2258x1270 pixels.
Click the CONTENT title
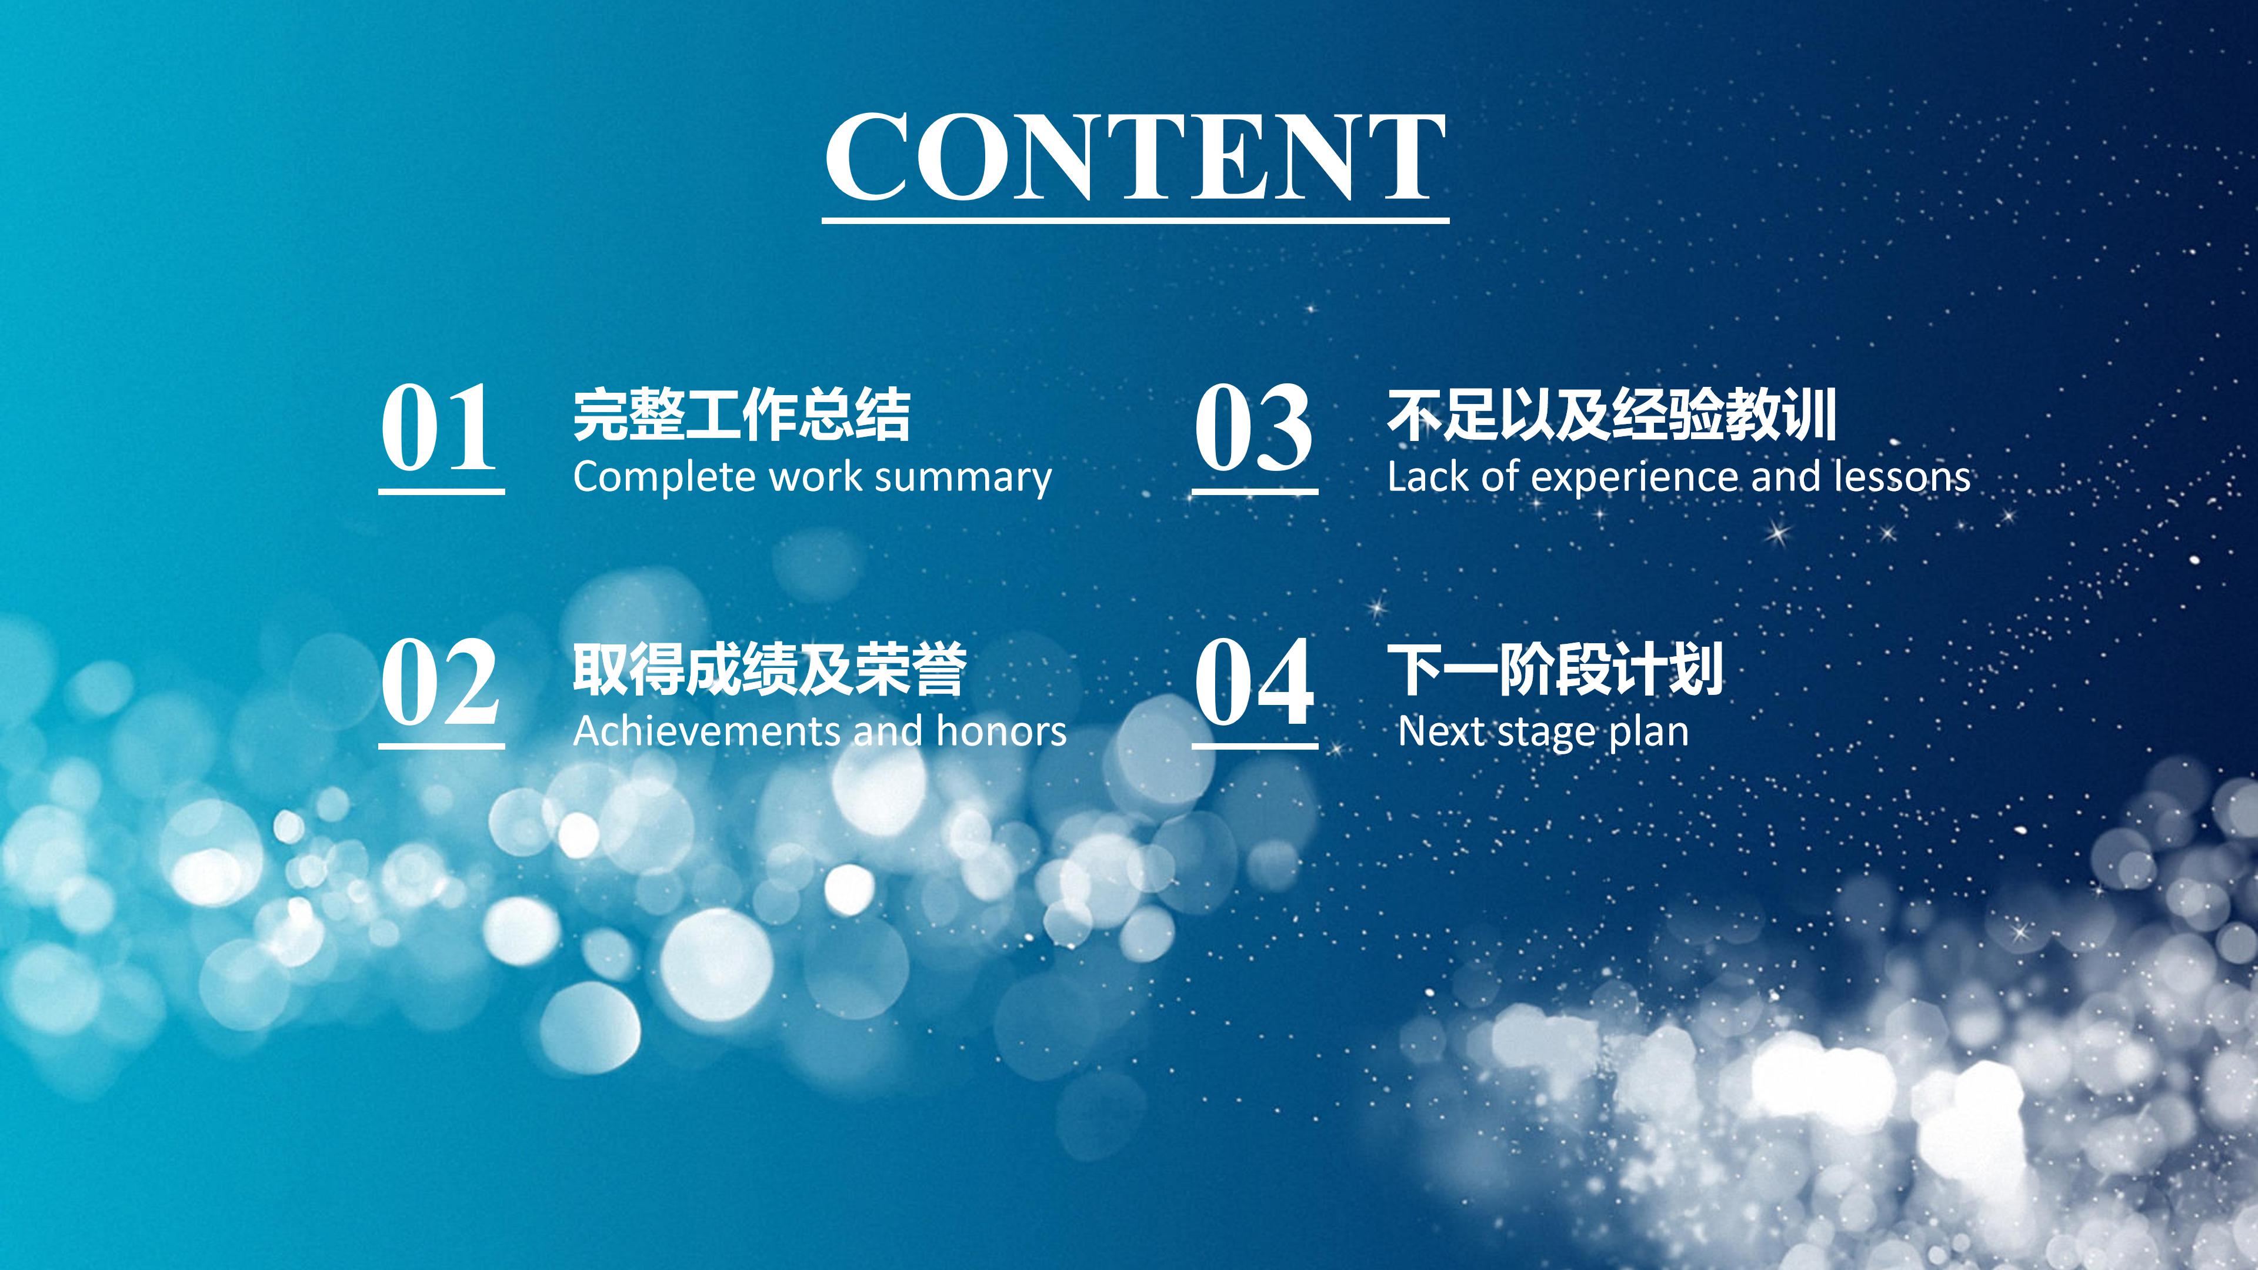pos(1135,156)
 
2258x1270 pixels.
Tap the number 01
pos(438,429)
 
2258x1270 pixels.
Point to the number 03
pos(1253,429)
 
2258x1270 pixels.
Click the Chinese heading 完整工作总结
pos(742,415)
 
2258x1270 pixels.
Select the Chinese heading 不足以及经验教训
pos(1611,415)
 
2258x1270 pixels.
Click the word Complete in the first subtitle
pos(665,477)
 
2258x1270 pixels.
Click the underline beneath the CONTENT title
pos(1135,220)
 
